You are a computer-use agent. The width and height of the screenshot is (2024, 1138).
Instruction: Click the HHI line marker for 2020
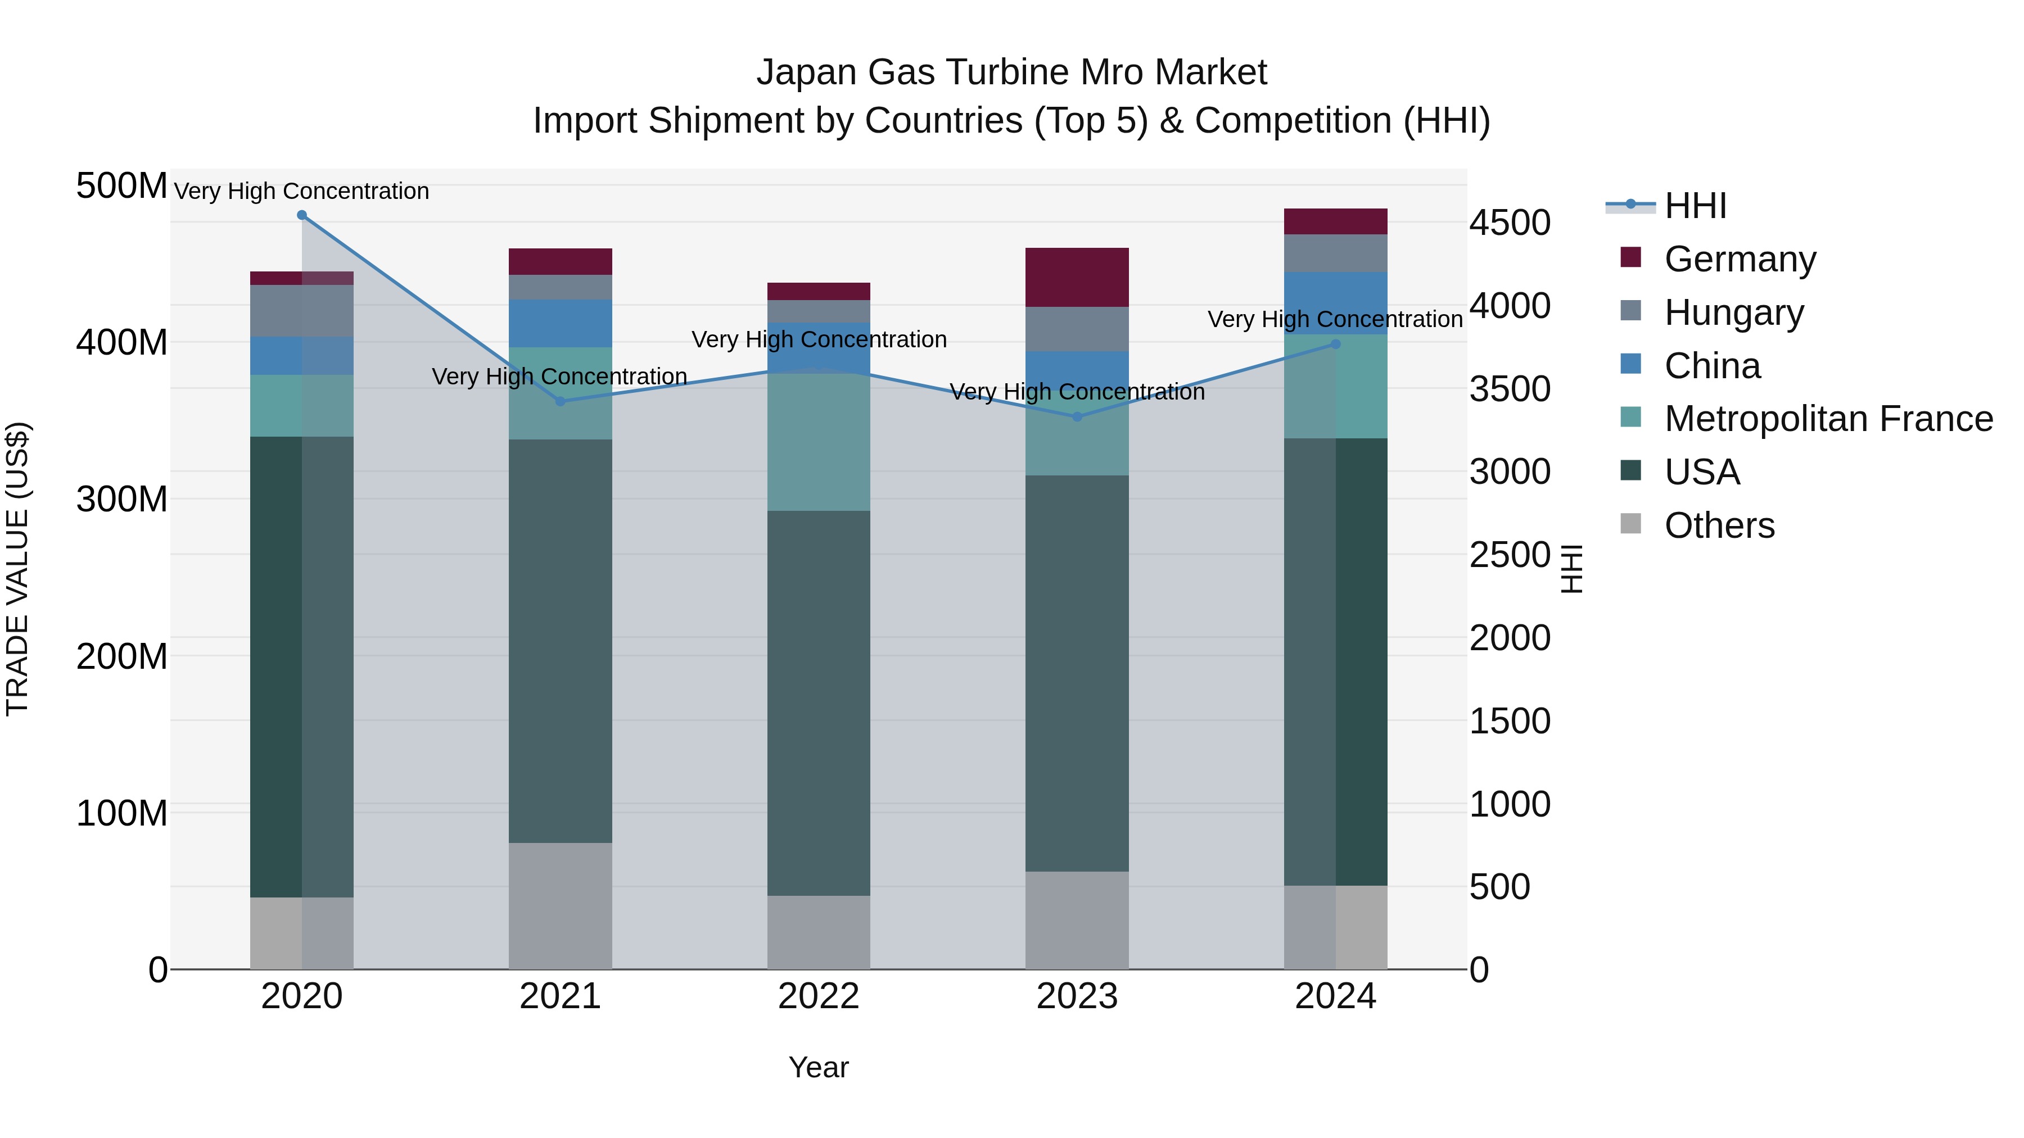pyautogui.click(x=302, y=215)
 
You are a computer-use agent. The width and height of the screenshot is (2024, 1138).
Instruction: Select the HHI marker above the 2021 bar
pyautogui.click(x=560, y=401)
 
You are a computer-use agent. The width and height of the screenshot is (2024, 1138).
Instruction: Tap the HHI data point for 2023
pyautogui.click(x=1077, y=417)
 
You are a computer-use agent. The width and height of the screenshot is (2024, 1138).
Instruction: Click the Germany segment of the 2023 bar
pyautogui.click(x=1077, y=277)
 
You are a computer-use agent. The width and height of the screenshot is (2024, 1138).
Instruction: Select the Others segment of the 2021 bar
pyautogui.click(x=560, y=905)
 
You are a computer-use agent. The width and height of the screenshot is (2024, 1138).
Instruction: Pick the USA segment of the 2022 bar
pyautogui.click(x=819, y=703)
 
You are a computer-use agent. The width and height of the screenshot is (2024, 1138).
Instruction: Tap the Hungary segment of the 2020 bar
pyautogui.click(x=302, y=311)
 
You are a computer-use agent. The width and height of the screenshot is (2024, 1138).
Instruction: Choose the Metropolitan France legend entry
pyautogui.click(x=1828, y=419)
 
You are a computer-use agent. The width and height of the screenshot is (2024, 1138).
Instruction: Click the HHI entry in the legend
pyautogui.click(x=1695, y=206)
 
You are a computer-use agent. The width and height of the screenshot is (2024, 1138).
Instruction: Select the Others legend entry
pyautogui.click(x=1719, y=525)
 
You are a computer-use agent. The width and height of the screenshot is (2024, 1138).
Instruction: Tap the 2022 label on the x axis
pyautogui.click(x=819, y=996)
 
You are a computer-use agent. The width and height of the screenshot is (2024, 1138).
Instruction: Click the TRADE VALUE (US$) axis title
pyautogui.click(x=17, y=569)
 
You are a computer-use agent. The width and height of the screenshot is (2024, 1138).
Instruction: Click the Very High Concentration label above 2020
pyautogui.click(x=302, y=192)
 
